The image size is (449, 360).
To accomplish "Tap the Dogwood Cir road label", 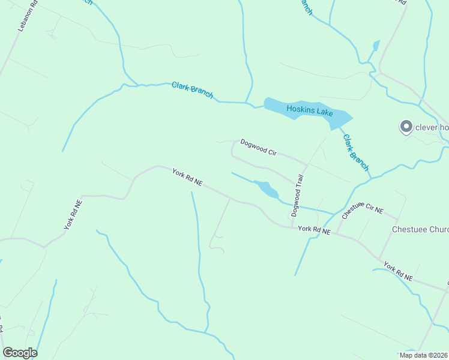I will (x=258, y=148).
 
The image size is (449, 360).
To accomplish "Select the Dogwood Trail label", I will (x=298, y=194).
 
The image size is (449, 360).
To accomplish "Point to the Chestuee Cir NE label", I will (x=362, y=211).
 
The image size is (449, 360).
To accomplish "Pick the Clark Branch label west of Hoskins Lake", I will (x=192, y=89).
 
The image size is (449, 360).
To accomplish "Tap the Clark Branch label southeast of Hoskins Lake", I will (x=355, y=152).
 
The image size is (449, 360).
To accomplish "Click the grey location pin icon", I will (x=406, y=127).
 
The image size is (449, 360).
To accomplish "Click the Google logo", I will (x=20, y=353).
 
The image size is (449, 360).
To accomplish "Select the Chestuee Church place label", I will (x=420, y=229).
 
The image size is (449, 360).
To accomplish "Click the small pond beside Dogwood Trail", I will (x=267, y=190).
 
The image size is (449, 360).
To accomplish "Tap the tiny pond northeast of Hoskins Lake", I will (x=376, y=46).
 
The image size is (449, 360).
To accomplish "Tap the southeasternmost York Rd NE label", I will (x=398, y=272).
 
